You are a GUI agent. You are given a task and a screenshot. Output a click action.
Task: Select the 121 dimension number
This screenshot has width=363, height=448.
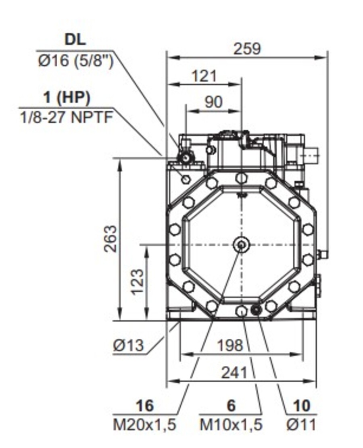[x=204, y=75]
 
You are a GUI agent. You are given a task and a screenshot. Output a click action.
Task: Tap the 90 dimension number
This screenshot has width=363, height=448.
[x=213, y=102]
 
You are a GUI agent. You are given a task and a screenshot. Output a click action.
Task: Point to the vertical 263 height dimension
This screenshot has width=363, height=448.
[x=110, y=239]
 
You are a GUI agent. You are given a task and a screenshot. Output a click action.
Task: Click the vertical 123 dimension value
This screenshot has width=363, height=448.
[x=137, y=281]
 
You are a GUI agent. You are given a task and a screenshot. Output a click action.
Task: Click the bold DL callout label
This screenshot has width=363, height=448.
[x=75, y=40]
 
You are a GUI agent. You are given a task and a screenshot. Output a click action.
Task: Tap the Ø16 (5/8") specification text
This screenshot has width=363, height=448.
[x=75, y=61]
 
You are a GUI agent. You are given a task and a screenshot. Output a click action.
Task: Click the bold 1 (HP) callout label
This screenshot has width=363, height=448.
[x=67, y=98]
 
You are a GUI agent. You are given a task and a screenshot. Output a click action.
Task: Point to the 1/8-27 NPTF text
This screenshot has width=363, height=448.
[x=67, y=118]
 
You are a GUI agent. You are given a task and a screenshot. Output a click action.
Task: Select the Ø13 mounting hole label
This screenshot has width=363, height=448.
[x=128, y=345]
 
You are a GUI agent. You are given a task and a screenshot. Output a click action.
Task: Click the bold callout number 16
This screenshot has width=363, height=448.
[x=144, y=405]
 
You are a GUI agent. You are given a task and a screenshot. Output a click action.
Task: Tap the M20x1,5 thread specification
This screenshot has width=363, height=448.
[x=144, y=425]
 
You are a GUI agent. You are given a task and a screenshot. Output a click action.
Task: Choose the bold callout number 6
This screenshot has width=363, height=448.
[x=231, y=405]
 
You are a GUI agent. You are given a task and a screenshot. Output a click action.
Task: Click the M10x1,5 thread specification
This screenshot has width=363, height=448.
[x=231, y=425]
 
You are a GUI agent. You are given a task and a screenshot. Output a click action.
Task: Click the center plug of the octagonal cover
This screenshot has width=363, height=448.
[x=241, y=244]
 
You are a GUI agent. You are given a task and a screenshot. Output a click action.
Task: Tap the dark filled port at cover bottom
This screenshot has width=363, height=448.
[x=256, y=310]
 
